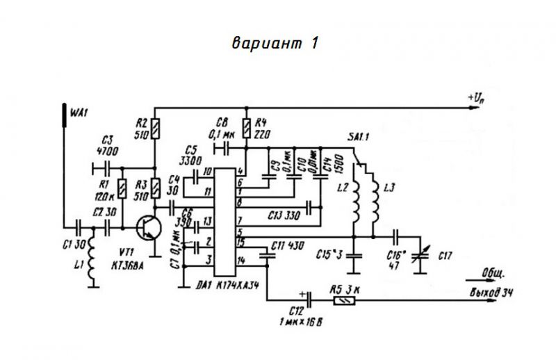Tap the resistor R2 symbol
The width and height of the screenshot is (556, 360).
(x=155, y=129)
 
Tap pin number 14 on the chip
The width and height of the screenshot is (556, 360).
(x=240, y=259)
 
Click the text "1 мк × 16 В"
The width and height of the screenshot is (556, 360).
(x=300, y=322)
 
